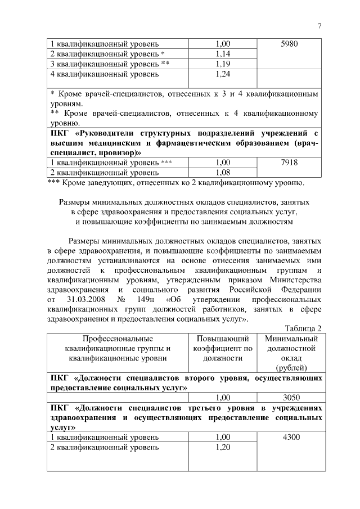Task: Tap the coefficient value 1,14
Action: (x=223, y=54)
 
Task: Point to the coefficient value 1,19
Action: (x=223, y=64)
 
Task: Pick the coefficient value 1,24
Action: (x=223, y=74)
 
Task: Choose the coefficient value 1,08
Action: (x=223, y=173)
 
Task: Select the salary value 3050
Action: (x=291, y=397)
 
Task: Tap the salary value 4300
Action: (x=291, y=437)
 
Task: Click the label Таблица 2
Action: (x=304, y=328)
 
